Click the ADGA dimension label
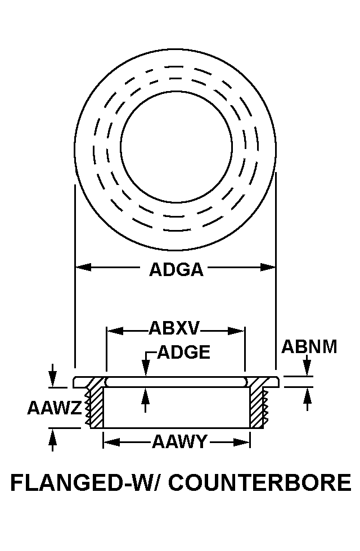(x=176, y=270)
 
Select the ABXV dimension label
(x=174, y=328)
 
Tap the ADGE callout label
(x=183, y=352)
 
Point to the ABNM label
(x=309, y=347)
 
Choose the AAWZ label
(x=55, y=408)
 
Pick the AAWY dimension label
(x=179, y=442)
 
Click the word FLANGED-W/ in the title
(x=87, y=482)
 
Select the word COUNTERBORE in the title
(x=260, y=482)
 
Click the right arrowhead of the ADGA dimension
(x=268, y=267)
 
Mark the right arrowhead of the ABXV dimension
(x=236, y=331)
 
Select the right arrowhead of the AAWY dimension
(x=242, y=442)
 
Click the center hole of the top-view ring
(x=176, y=146)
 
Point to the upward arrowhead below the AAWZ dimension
(x=52, y=436)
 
